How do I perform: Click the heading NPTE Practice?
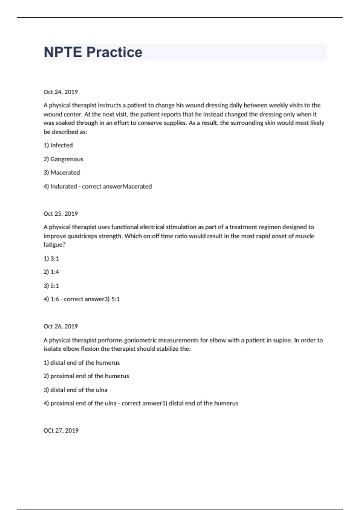[x=93, y=52]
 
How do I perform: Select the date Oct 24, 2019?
[x=61, y=92]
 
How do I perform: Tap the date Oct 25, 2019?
[x=61, y=214]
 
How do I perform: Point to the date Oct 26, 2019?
[x=61, y=326]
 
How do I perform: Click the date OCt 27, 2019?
[x=61, y=430]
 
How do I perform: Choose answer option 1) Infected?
[x=58, y=145]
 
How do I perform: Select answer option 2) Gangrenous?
[x=63, y=159]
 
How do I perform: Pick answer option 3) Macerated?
[x=62, y=172]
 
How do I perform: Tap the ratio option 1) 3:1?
[x=51, y=258]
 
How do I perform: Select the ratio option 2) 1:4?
[x=51, y=272]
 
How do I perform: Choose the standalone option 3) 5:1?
[x=51, y=286]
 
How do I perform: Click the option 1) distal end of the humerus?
[x=82, y=362]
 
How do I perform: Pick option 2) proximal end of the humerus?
[x=86, y=376]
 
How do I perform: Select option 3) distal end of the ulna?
[x=75, y=390]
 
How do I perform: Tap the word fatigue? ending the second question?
[x=54, y=244]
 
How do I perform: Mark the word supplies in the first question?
[x=175, y=123]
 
